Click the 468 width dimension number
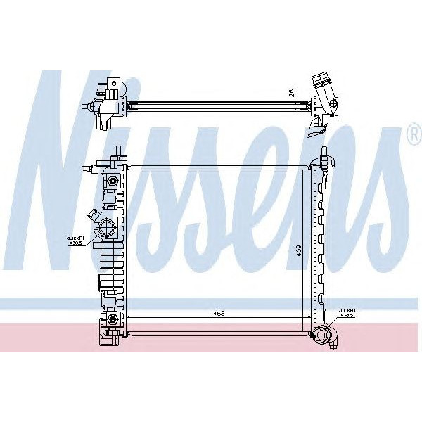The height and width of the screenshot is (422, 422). (x=219, y=314)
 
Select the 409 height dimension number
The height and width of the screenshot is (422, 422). (x=299, y=250)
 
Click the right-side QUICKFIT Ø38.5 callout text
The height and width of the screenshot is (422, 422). (x=346, y=313)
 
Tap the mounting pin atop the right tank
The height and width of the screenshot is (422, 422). (x=324, y=153)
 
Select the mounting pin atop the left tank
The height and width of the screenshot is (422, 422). (x=117, y=153)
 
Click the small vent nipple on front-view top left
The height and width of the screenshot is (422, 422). (x=86, y=168)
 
